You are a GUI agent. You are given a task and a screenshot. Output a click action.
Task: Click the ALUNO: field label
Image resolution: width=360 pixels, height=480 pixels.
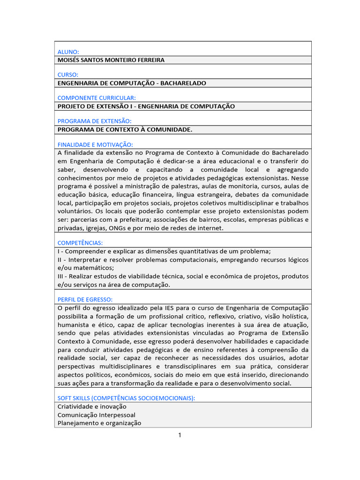68,52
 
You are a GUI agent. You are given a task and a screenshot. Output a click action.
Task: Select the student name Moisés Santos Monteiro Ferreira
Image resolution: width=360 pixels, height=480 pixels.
111,60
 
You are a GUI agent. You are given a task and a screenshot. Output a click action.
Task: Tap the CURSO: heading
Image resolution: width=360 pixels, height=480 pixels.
67,75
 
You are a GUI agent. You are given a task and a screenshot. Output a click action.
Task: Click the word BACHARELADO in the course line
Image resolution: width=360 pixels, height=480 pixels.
183,83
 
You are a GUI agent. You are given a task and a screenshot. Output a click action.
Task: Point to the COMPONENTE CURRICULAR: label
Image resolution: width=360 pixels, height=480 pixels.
96,98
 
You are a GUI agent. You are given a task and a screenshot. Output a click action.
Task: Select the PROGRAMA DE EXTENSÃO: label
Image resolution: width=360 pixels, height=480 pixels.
94,121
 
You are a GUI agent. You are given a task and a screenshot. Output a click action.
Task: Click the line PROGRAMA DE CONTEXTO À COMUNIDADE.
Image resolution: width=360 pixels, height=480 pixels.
125,129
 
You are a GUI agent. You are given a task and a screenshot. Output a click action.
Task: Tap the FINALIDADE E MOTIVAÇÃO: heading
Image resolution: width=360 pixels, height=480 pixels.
95,144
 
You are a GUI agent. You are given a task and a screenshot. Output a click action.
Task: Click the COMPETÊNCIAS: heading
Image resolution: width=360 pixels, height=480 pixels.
80,242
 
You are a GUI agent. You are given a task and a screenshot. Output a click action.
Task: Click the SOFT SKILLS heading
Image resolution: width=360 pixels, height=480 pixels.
126,398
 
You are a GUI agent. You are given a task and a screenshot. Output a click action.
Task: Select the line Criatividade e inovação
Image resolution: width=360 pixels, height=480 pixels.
92,406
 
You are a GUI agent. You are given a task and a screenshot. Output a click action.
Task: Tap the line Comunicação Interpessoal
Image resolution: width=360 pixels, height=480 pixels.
97,415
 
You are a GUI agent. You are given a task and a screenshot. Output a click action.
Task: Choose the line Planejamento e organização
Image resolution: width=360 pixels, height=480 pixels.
99,423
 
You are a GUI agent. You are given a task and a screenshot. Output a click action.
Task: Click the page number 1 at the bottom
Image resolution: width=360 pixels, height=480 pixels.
180,435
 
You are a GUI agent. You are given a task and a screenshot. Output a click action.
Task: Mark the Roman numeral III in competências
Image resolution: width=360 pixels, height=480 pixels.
60,276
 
